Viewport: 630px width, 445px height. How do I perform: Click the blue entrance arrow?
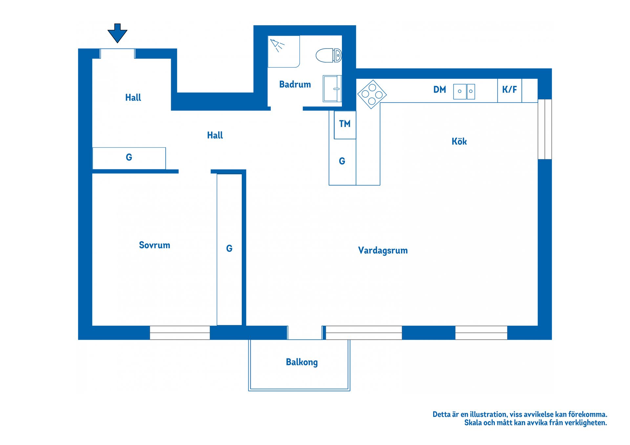pyautogui.click(x=117, y=33)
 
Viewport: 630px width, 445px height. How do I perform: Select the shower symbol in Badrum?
pyautogui.click(x=277, y=45)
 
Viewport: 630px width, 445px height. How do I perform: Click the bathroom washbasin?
pyautogui.click(x=332, y=89)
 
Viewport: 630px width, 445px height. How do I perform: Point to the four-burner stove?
pyautogui.click(x=372, y=94)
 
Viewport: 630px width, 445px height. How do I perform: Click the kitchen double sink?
pyautogui.click(x=464, y=91)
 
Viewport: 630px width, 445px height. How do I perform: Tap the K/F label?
pyautogui.click(x=509, y=90)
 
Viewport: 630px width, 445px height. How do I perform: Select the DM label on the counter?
pyautogui.click(x=440, y=90)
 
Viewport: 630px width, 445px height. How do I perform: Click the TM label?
pyautogui.click(x=345, y=124)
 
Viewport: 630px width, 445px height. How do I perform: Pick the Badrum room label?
pyautogui.click(x=295, y=85)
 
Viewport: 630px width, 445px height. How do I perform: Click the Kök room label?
pyautogui.click(x=459, y=141)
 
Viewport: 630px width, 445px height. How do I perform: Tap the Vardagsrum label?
pyautogui.click(x=383, y=251)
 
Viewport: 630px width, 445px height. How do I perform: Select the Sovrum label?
pyautogui.click(x=155, y=245)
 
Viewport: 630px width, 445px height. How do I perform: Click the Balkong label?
pyautogui.click(x=302, y=362)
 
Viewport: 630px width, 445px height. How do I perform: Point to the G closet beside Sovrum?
pyautogui.click(x=229, y=250)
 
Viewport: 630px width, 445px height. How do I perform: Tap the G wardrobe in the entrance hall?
pyautogui.click(x=129, y=158)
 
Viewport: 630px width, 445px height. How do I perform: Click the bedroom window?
pyautogui.click(x=180, y=333)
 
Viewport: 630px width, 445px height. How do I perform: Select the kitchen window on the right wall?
pyautogui.click(x=545, y=129)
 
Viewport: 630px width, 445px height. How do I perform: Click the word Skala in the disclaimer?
pyautogui.click(x=473, y=423)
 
